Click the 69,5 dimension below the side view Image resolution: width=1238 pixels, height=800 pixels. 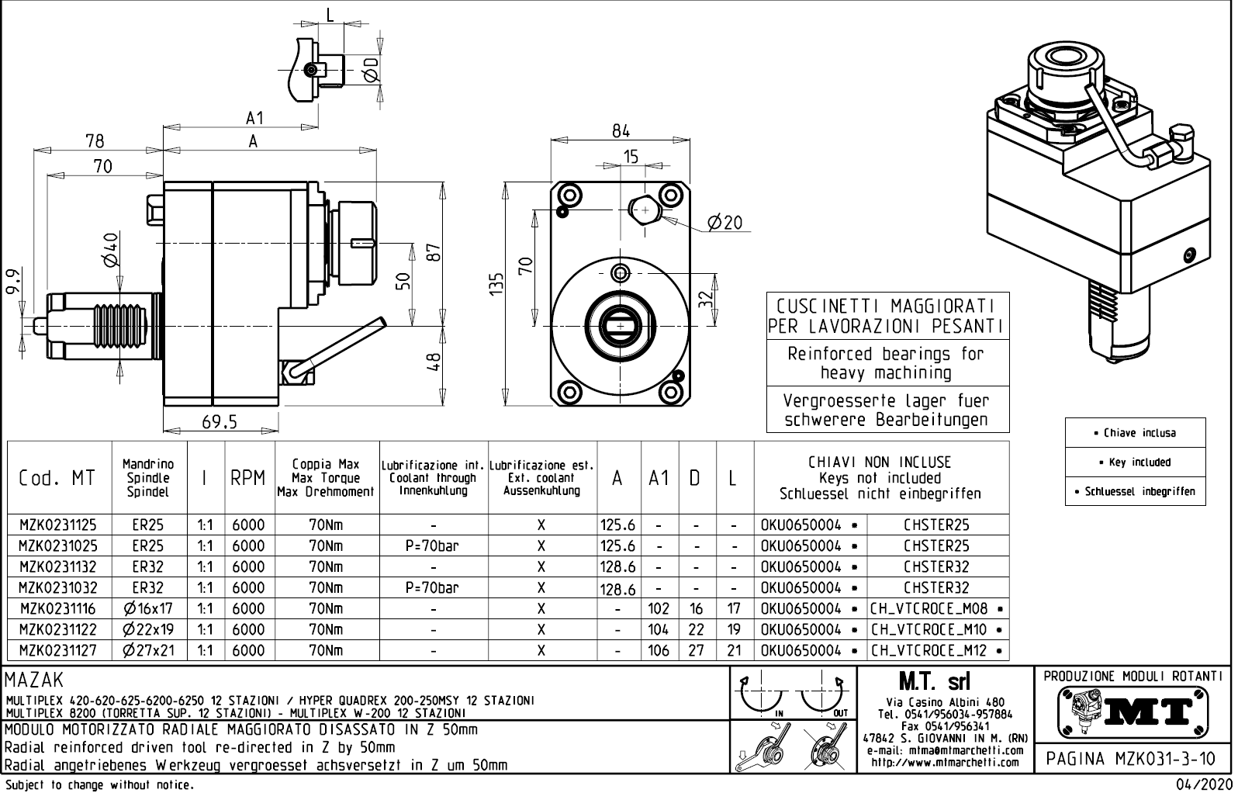click(x=220, y=422)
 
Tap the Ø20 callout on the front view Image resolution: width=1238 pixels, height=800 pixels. click(x=724, y=223)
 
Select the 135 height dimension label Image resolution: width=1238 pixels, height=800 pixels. click(x=496, y=284)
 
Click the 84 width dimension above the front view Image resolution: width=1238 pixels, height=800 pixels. click(x=621, y=131)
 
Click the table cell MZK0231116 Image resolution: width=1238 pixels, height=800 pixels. click(x=58, y=609)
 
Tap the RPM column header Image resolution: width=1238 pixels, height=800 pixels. click(x=248, y=479)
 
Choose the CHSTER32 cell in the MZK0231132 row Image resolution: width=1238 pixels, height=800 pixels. click(x=936, y=567)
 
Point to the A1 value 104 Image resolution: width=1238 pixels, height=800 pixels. click(x=659, y=630)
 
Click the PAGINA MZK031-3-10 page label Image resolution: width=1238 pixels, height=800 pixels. click(x=1132, y=759)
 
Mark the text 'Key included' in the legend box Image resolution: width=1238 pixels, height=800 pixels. click(x=1139, y=462)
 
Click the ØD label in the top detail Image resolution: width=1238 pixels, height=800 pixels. click(x=371, y=70)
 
